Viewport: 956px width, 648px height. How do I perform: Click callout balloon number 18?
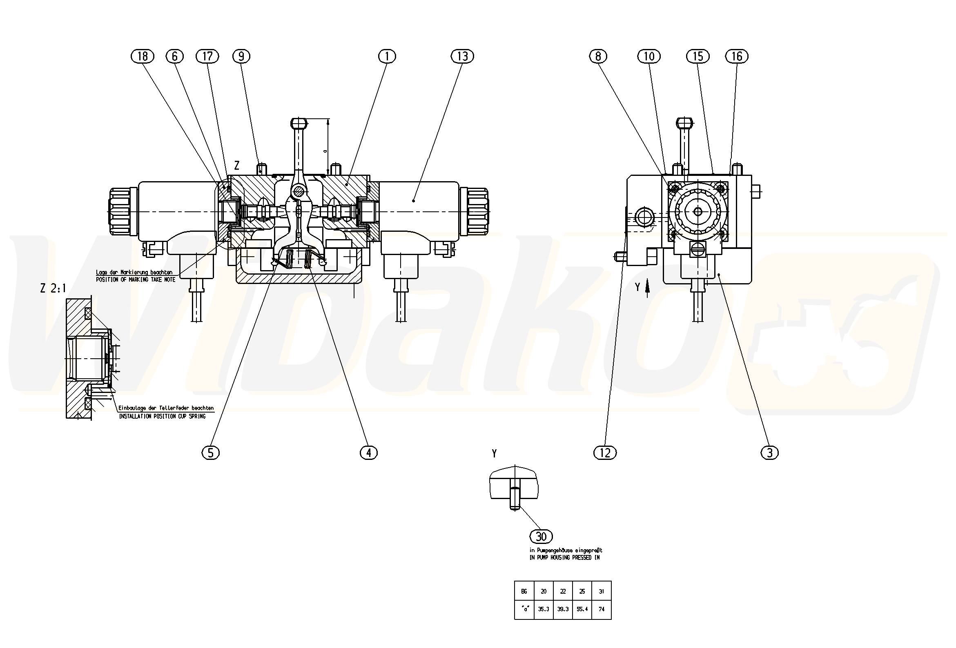[x=143, y=56]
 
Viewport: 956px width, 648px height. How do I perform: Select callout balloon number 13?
[x=462, y=56]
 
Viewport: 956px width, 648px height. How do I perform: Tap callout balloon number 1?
[x=387, y=56]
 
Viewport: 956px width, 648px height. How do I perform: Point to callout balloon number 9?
[x=241, y=56]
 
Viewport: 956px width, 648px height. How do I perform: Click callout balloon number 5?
[x=211, y=453]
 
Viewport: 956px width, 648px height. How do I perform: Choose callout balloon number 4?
[x=369, y=453]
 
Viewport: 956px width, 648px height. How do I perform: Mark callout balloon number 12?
[x=605, y=453]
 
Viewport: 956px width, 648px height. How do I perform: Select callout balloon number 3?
[x=770, y=453]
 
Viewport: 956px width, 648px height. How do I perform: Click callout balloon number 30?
[x=541, y=537]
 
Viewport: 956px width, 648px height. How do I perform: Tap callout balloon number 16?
[x=737, y=56]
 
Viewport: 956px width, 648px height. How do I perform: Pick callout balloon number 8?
[x=598, y=56]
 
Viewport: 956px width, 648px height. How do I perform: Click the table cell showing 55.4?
[x=582, y=609]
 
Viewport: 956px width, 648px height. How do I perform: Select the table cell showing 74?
[x=602, y=609]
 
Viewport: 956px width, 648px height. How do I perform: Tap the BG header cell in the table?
[x=524, y=592]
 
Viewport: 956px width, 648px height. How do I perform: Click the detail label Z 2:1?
[x=53, y=288]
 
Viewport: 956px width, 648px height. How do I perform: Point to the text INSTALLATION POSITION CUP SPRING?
[x=162, y=417]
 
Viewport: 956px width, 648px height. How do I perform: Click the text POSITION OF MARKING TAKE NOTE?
[x=136, y=280]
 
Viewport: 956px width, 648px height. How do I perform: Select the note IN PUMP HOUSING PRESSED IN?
[x=564, y=558]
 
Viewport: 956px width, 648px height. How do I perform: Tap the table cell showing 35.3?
[x=544, y=609]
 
